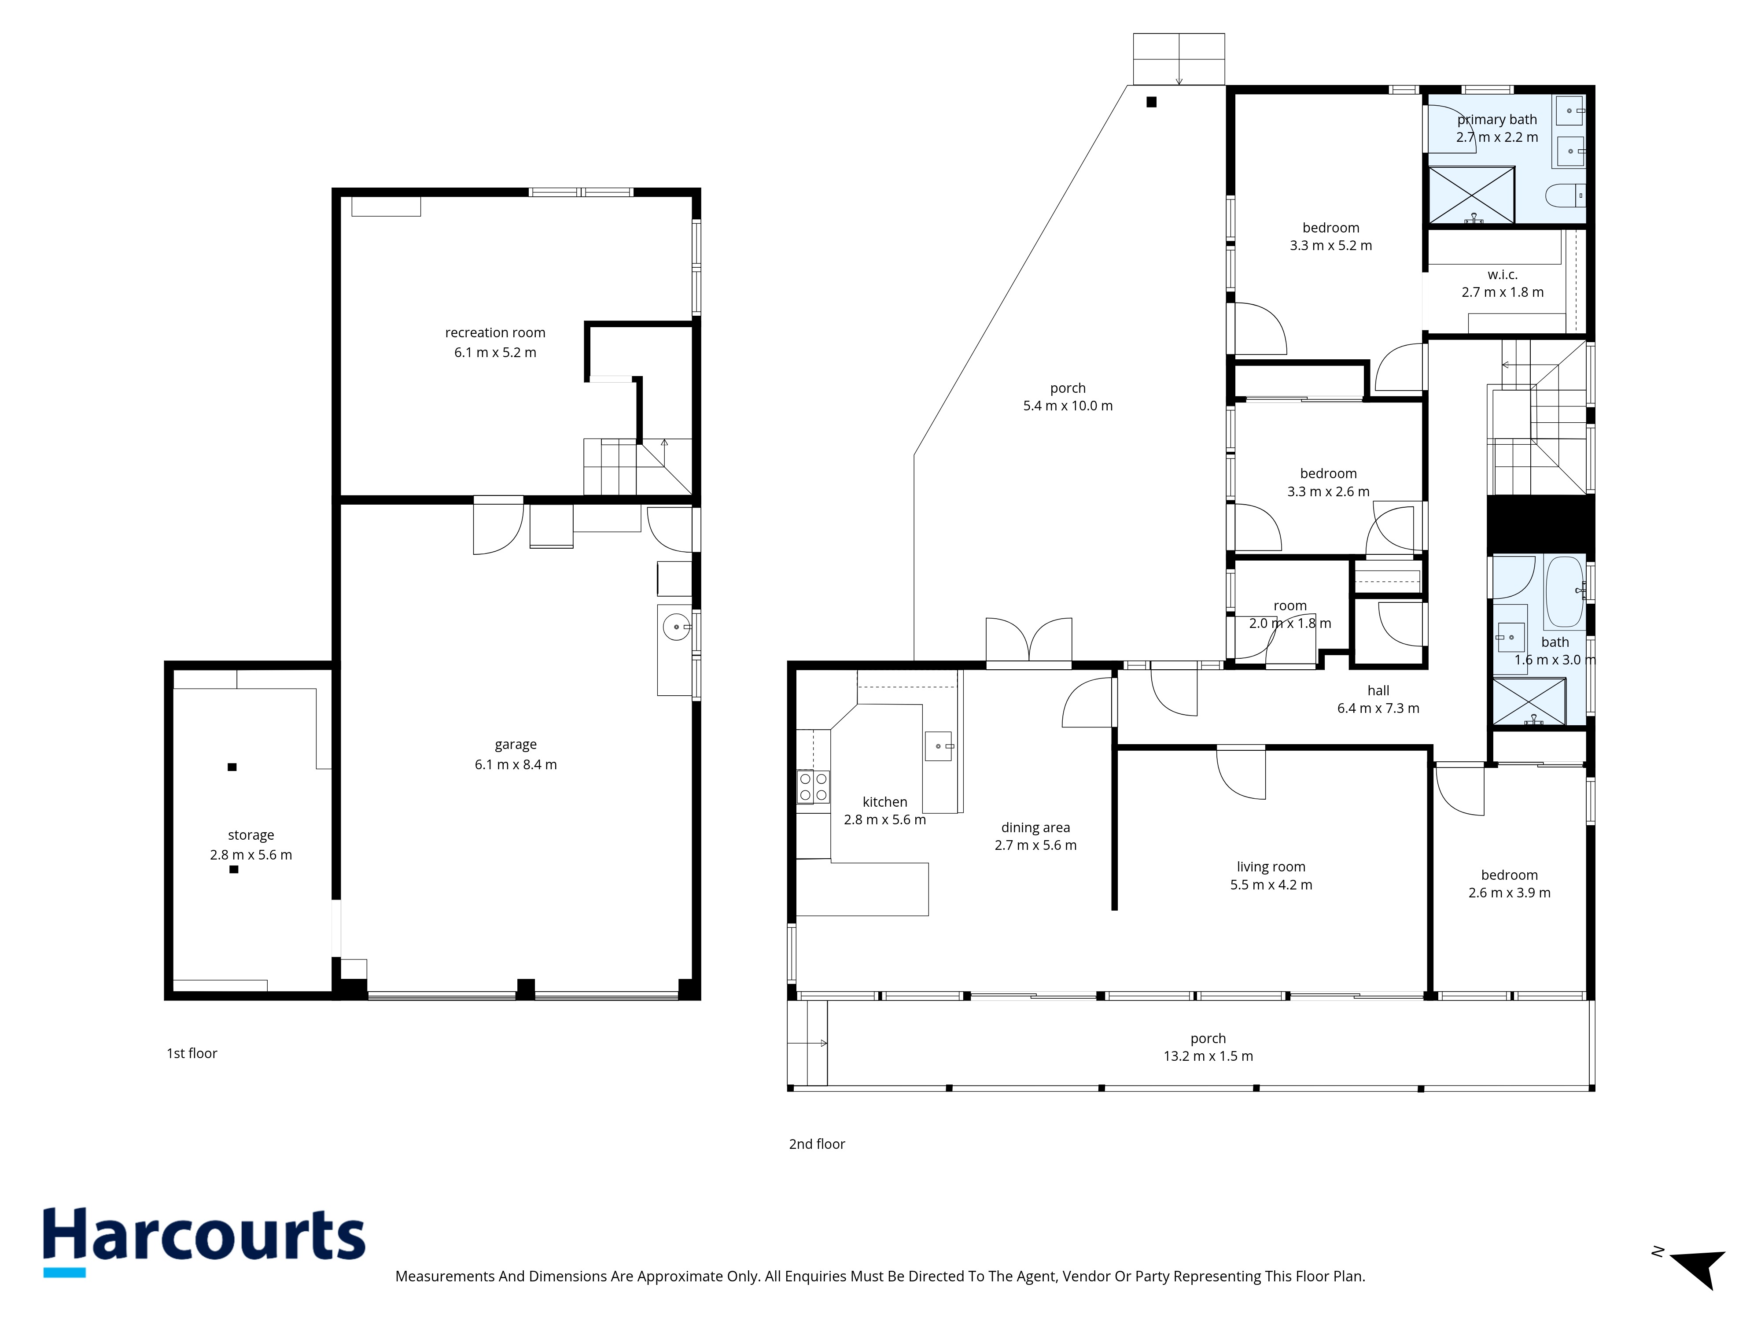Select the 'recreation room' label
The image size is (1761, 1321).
(495, 333)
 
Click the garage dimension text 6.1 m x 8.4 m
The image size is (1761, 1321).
(516, 764)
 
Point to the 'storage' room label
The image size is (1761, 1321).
(251, 835)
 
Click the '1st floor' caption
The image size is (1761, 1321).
(192, 1053)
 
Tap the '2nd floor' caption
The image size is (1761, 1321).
(817, 1144)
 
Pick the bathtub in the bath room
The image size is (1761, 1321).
(1564, 592)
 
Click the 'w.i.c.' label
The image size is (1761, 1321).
(1502, 275)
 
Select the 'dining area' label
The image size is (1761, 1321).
(1036, 828)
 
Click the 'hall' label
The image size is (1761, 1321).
(1378, 691)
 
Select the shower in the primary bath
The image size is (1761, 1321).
(1471, 195)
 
